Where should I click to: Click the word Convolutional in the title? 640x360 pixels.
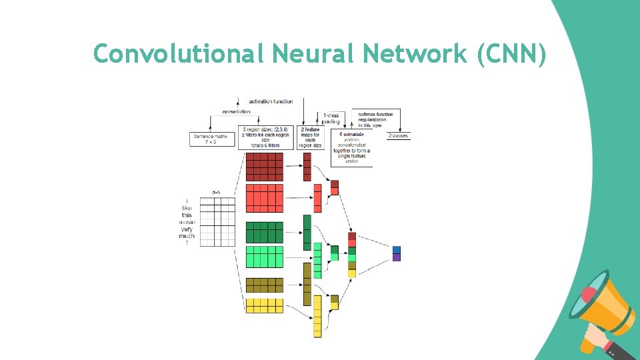coord(179,53)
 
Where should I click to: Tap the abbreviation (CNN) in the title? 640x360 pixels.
coord(511,54)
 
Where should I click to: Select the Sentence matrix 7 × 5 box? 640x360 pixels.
coord(212,139)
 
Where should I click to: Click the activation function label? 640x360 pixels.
coord(271,101)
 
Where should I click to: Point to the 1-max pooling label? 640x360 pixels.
coord(331,119)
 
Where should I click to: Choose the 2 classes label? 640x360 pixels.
coord(399,135)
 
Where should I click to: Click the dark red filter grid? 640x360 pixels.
coord(265,167)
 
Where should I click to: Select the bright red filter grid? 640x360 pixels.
coord(265,198)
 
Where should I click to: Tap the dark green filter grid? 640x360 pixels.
coord(265,232)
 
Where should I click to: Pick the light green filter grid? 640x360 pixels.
coord(265,257)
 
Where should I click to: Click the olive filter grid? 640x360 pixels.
coord(265,285)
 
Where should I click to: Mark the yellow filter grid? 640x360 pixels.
coord(265,305)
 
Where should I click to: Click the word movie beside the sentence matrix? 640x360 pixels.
coord(187,222)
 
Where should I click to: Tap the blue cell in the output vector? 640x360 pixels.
coord(397,249)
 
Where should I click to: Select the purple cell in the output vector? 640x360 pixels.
coord(397,257)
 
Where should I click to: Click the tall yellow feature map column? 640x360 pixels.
coord(317,317)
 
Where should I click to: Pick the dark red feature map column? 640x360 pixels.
coord(307,167)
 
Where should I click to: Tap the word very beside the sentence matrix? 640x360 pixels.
coord(187,229)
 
